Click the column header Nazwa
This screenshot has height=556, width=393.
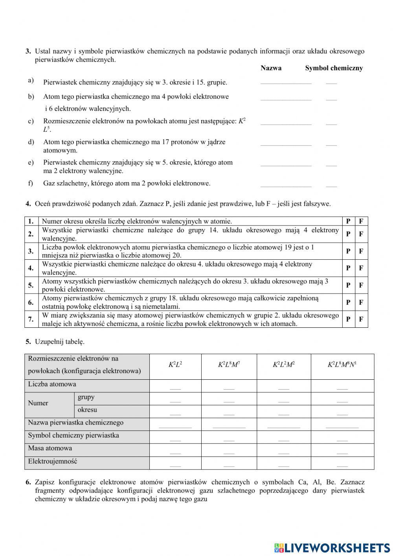[x=271, y=68]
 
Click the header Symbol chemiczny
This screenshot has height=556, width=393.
[x=334, y=68]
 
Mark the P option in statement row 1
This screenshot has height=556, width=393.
[x=348, y=221]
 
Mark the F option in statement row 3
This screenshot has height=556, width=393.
[x=361, y=251]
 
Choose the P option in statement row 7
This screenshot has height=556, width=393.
[x=348, y=319]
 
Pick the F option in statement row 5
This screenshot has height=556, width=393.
[x=361, y=285]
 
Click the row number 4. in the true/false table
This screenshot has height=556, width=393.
[x=31, y=268]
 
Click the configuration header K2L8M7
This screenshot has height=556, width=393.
[x=229, y=365]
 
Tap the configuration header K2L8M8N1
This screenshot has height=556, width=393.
[x=342, y=365]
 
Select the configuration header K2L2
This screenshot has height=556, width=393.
[x=175, y=365]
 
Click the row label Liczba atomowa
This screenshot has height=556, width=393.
[x=52, y=384]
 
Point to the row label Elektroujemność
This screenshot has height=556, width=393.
[x=53, y=461]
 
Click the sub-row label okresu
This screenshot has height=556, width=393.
[x=87, y=410]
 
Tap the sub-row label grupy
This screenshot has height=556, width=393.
[x=86, y=397]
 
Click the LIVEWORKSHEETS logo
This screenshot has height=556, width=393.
[x=332, y=547]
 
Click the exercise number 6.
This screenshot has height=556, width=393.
[x=28, y=482]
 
